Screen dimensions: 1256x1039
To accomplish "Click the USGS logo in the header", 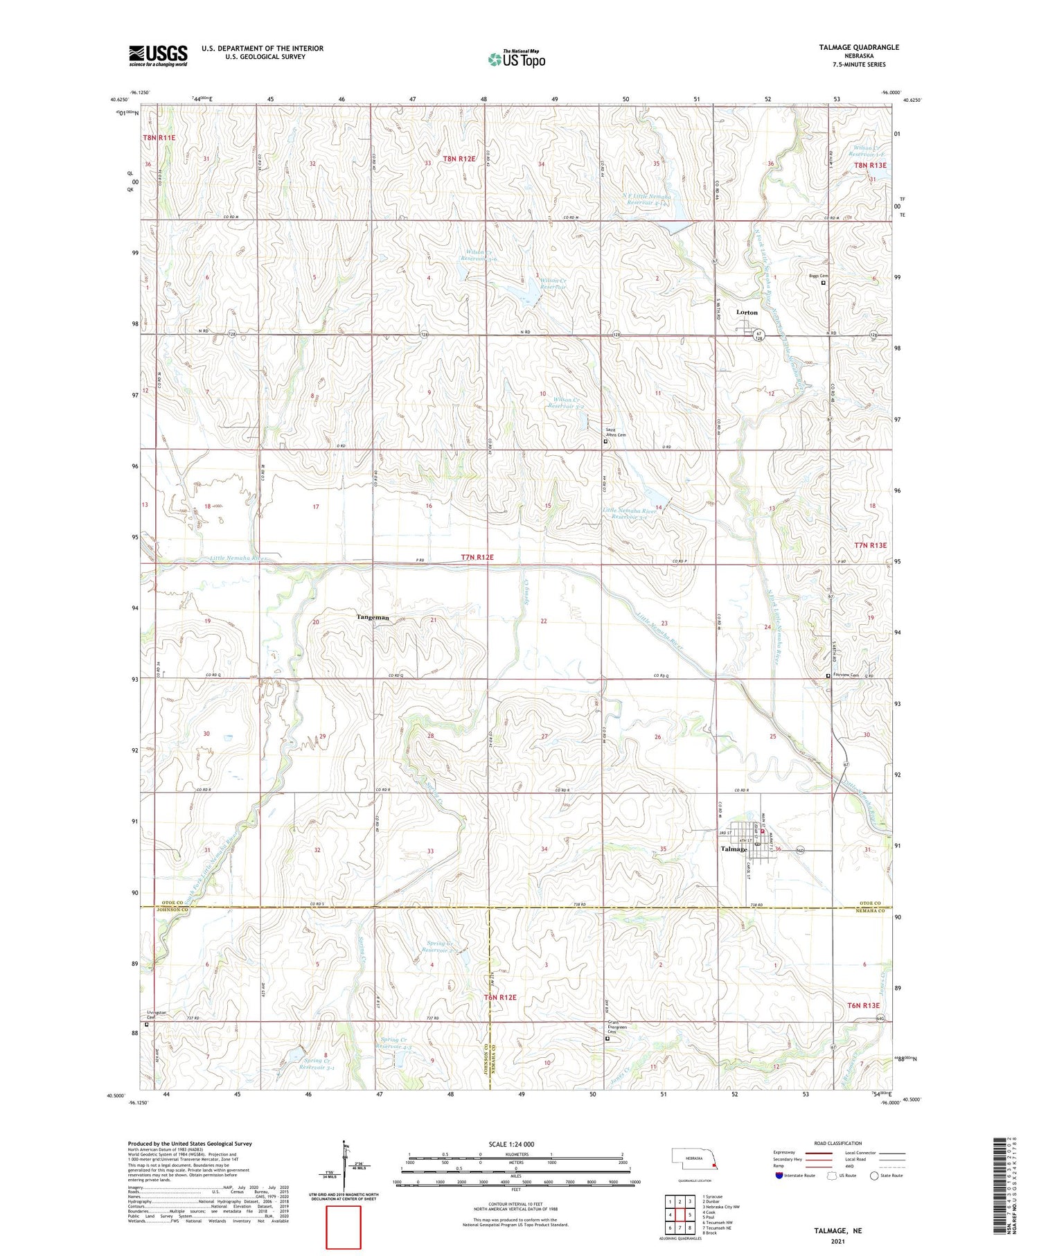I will tap(157, 55).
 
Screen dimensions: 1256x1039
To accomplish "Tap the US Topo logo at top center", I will tap(516, 60).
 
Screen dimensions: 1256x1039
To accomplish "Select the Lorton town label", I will tap(747, 312).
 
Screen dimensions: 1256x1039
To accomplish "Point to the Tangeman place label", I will tap(373, 617).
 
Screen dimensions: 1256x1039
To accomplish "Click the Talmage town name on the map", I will tap(734, 849).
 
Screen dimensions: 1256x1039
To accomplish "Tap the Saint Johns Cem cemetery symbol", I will tap(605, 441).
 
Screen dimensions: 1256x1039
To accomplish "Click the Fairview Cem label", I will tap(846, 675).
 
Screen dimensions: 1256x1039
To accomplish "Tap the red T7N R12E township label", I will tap(477, 557).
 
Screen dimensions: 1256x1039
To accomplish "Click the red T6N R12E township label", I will tap(500, 997).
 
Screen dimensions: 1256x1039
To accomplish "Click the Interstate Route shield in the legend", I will tap(779, 1176).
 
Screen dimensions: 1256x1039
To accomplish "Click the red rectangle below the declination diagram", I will tap(344, 1228).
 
